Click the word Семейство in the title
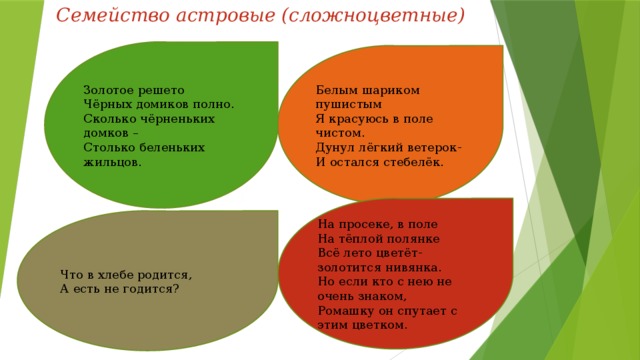[x=113, y=16]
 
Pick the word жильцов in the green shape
[x=112, y=162]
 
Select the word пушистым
[x=349, y=105]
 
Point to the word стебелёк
[x=413, y=162]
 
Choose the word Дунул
[x=332, y=148]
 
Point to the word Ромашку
[x=344, y=311]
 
